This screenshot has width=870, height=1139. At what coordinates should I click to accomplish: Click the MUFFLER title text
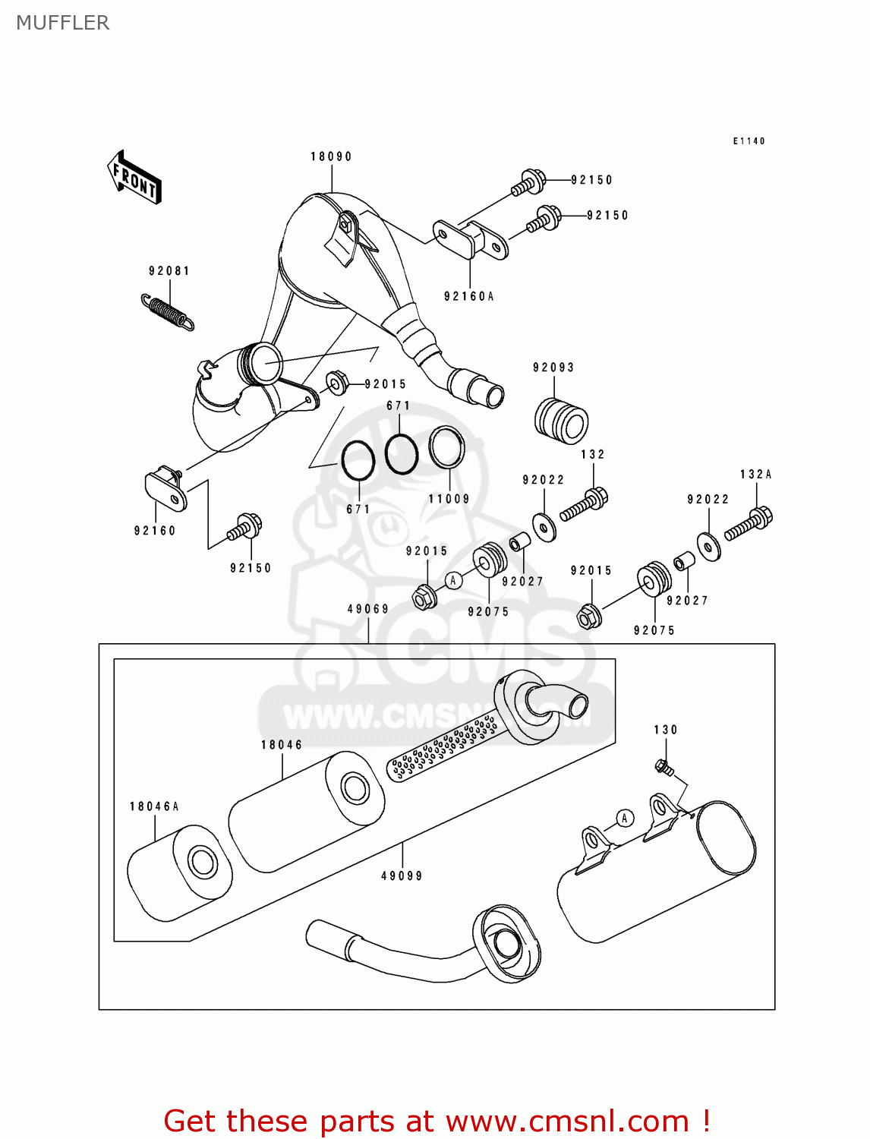(x=62, y=23)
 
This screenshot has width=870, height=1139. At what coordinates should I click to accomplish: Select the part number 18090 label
(x=331, y=156)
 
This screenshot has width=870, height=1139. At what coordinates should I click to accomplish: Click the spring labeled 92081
(x=168, y=311)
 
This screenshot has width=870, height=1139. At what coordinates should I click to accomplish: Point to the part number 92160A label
(x=468, y=296)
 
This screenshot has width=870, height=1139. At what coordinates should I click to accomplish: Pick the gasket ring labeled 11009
(x=446, y=447)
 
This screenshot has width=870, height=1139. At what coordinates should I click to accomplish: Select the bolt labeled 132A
(x=749, y=523)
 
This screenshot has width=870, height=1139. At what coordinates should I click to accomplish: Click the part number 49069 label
(x=368, y=609)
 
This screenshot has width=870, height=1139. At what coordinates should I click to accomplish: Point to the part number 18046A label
(x=154, y=806)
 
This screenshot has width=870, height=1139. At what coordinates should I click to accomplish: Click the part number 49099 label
(x=402, y=876)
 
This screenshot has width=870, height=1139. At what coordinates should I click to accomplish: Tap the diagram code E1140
(x=749, y=141)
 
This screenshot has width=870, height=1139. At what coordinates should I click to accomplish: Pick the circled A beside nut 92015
(x=453, y=581)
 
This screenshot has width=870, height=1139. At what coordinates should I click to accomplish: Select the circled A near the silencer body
(x=624, y=818)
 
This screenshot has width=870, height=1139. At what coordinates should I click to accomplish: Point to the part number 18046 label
(x=282, y=745)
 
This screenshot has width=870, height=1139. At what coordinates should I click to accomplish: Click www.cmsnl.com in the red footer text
(x=566, y=1121)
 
